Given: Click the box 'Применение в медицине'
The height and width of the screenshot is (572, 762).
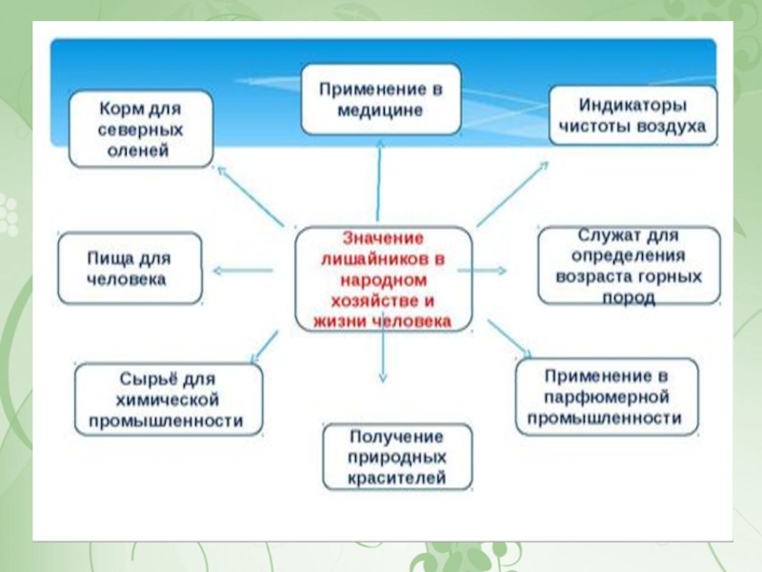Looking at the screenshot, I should tap(381, 99).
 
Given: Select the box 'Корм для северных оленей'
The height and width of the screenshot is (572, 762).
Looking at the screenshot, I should tap(140, 128).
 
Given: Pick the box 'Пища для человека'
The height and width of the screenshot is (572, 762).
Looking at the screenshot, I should tap(130, 269).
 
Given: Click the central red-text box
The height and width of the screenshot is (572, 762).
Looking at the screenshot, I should tap(383, 279).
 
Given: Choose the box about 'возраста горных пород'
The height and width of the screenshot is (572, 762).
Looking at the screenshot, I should tap(628, 266).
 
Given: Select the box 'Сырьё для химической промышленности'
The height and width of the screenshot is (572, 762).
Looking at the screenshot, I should tap(167, 398).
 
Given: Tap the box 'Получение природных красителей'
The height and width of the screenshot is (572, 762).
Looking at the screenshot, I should tap(397, 457).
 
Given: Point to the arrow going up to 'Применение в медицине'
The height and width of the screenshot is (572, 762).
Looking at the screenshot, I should tap(381, 181).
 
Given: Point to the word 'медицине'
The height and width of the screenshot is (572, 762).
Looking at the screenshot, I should tap(380, 110).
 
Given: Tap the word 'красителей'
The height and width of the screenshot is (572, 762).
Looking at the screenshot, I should tap(397, 478).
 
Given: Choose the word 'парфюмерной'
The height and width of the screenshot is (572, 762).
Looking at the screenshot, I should tap(605, 396).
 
